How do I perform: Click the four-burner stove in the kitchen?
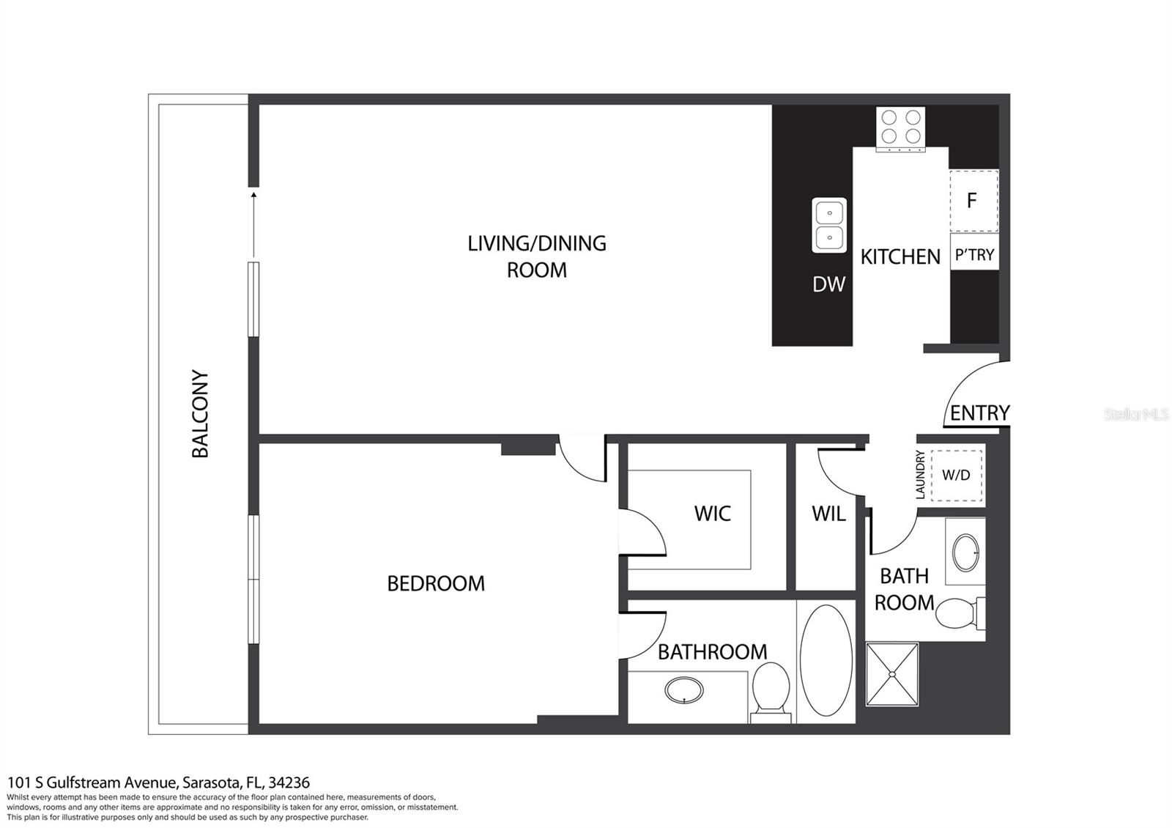coord(900,127)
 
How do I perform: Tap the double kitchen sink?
coord(829,225)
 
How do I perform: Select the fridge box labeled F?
coord(973,201)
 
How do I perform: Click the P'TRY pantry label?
coord(974,255)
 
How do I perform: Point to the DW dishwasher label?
coord(828,284)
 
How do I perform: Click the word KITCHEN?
coord(900,257)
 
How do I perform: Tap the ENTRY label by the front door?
coord(979,413)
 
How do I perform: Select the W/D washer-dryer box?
coord(956,475)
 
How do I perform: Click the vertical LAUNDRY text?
coord(921,475)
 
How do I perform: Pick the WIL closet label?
coord(828,514)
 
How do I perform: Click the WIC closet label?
coord(712,514)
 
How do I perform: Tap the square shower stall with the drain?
coord(891,674)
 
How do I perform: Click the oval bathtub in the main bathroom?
coord(826,660)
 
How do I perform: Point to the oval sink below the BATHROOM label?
coord(684,690)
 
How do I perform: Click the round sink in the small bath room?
coord(965,552)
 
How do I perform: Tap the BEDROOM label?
coord(436,583)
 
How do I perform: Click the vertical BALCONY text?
coord(200,414)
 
